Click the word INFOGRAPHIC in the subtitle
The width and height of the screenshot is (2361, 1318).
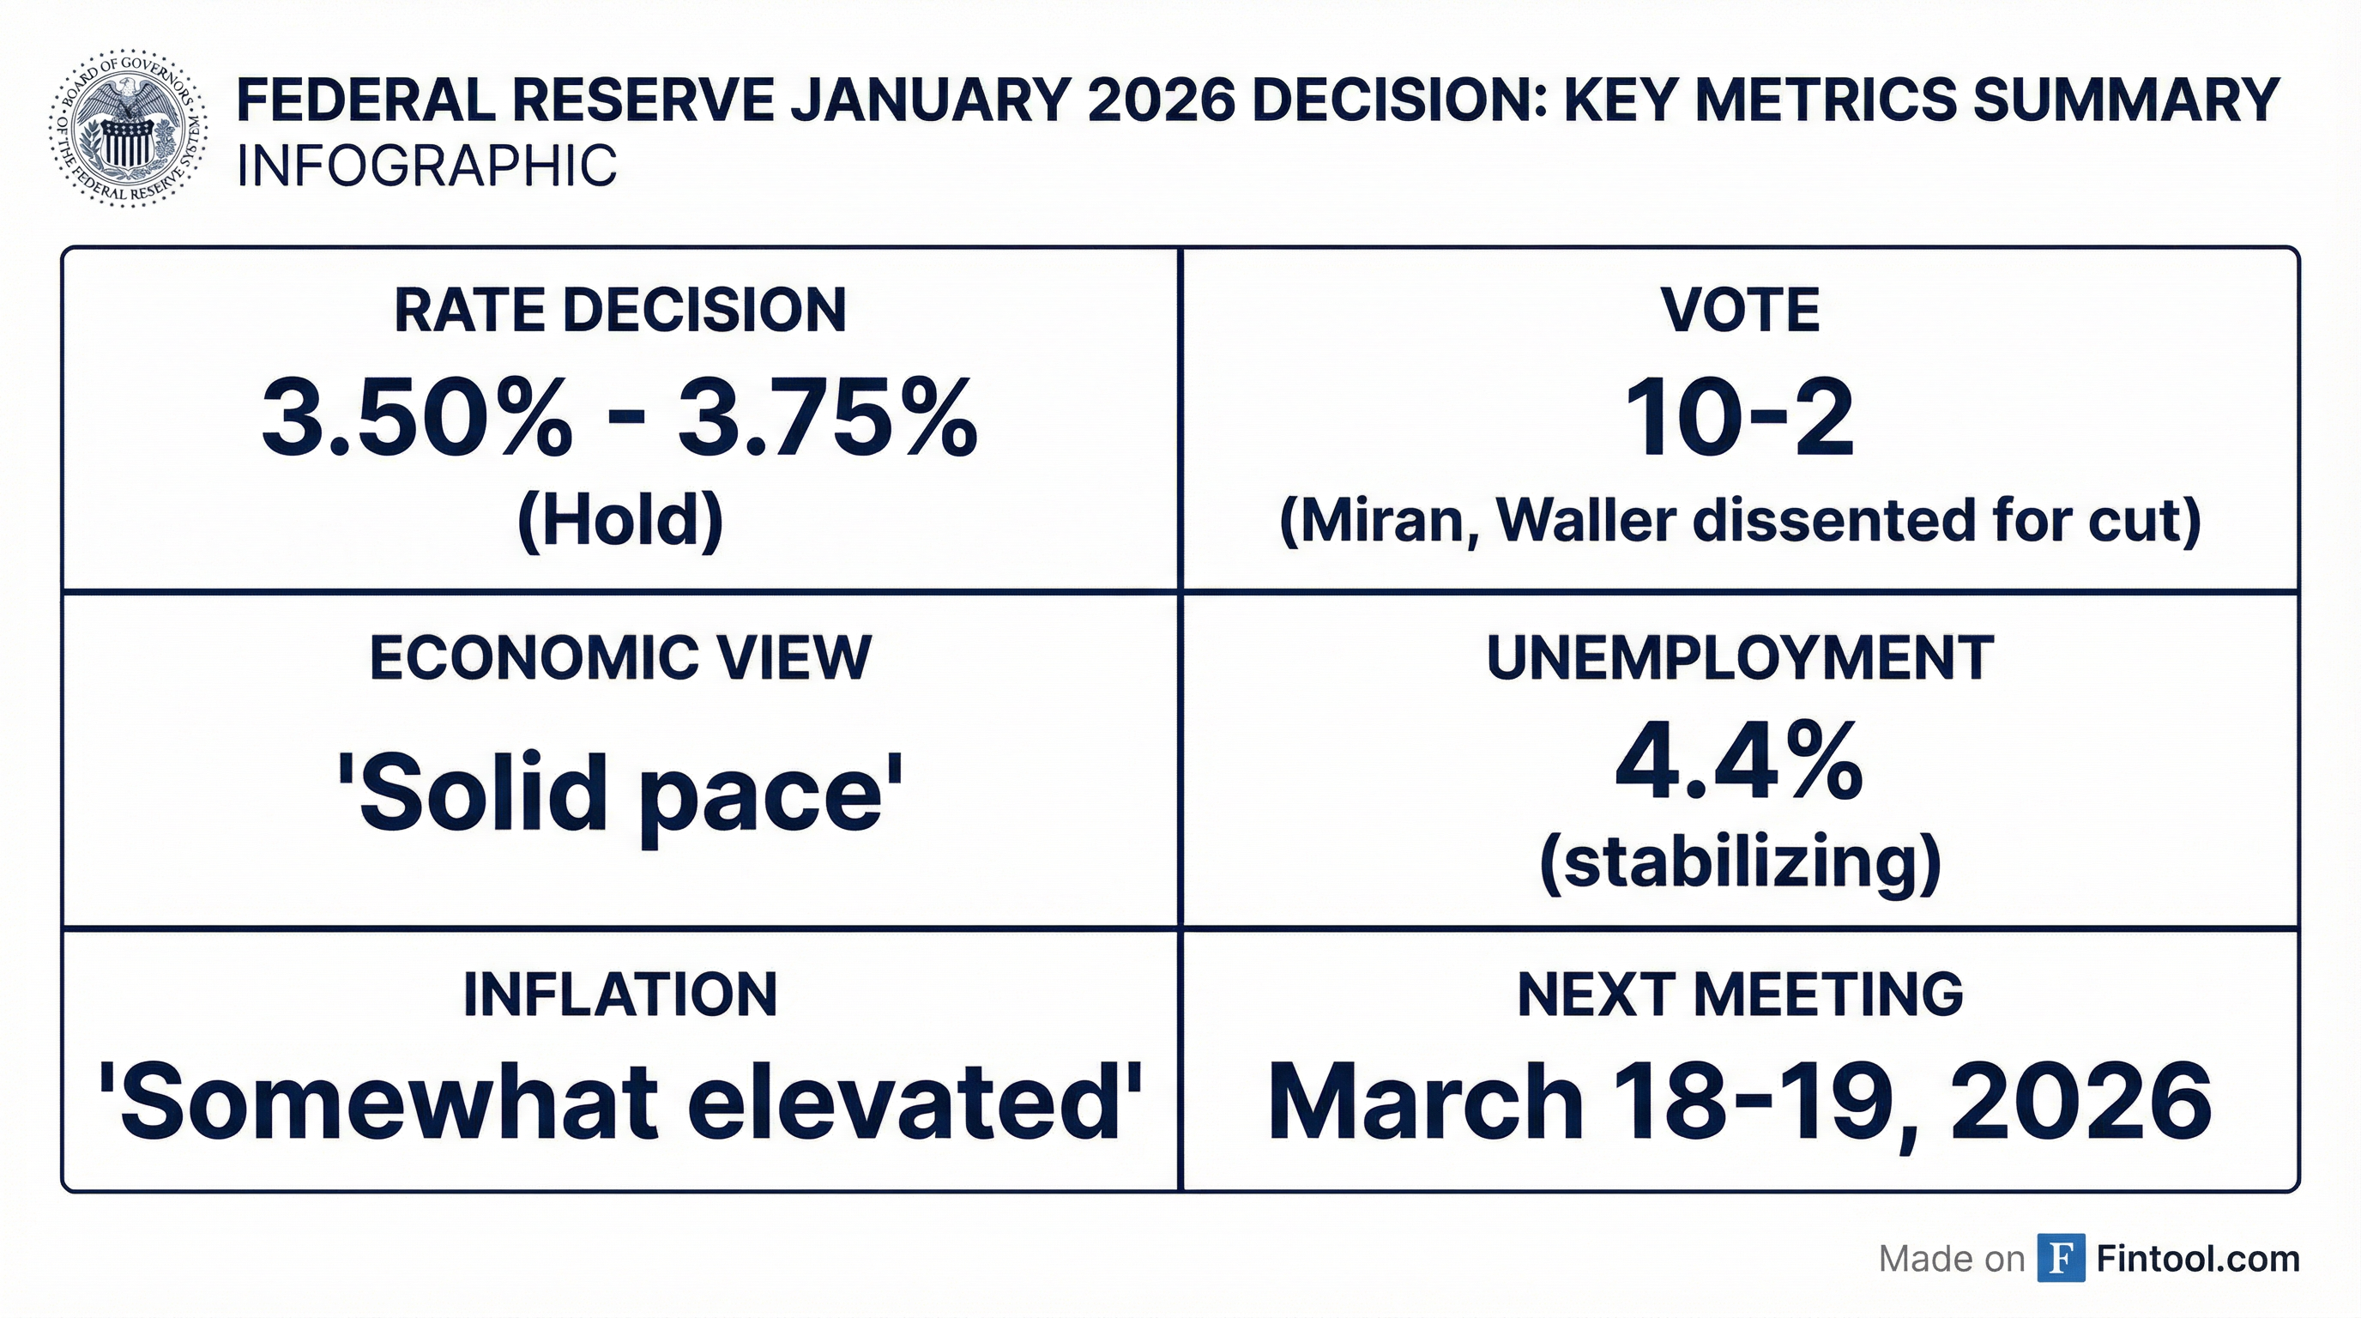pos(426,166)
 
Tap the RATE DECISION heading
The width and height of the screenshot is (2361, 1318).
pos(620,310)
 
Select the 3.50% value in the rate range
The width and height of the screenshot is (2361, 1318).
pos(416,417)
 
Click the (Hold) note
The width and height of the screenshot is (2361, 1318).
pos(620,520)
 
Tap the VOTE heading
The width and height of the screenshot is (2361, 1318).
pos(1740,310)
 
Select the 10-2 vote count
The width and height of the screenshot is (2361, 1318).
pos(1740,419)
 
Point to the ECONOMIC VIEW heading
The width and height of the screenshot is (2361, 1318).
pos(620,657)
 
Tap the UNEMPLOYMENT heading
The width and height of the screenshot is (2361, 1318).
pos(1740,657)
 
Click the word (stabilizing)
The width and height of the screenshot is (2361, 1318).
pos(1740,862)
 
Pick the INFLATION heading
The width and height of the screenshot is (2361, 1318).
pos(620,995)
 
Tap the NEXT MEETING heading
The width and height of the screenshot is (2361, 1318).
pos(1740,995)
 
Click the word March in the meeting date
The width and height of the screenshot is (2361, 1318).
pos(1425,1101)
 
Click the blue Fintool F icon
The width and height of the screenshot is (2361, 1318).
pos(2061,1259)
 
